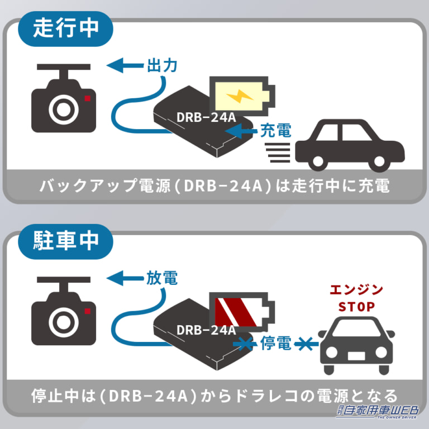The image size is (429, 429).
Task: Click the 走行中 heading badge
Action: pyautogui.click(x=65, y=28)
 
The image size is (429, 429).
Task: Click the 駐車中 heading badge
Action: pyautogui.click(x=65, y=241)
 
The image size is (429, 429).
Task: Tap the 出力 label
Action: pyautogui.click(x=162, y=66)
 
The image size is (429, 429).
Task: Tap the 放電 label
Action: pyautogui.click(x=162, y=278)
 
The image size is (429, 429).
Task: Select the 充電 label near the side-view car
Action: pyautogui.click(x=276, y=131)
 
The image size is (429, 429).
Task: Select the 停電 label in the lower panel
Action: pyautogui.click(x=276, y=343)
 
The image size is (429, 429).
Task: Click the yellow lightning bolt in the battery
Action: pyautogui.click(x=240, y=96)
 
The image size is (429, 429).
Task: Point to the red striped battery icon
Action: pyautogui.click(x=242, y=312)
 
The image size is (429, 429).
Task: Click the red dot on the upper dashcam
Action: pyautogui.click(x=88, y=98)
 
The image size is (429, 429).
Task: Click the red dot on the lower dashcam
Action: pyautogui.click(x=88, y=311)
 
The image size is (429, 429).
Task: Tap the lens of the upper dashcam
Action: pyautogui.click(x=64, y=109)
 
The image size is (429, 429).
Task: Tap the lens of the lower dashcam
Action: pyautogui.click(x=64, y=322)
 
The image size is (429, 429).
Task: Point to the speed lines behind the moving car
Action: pyautogui.click(x=278, y=152)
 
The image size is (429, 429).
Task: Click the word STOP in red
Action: pyautogui.click(x=356, y=307)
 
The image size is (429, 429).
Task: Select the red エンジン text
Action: pyautogui.click(x=356, y=290)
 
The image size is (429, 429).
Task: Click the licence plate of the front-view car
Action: pyautogui.click(x=356, y=356)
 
